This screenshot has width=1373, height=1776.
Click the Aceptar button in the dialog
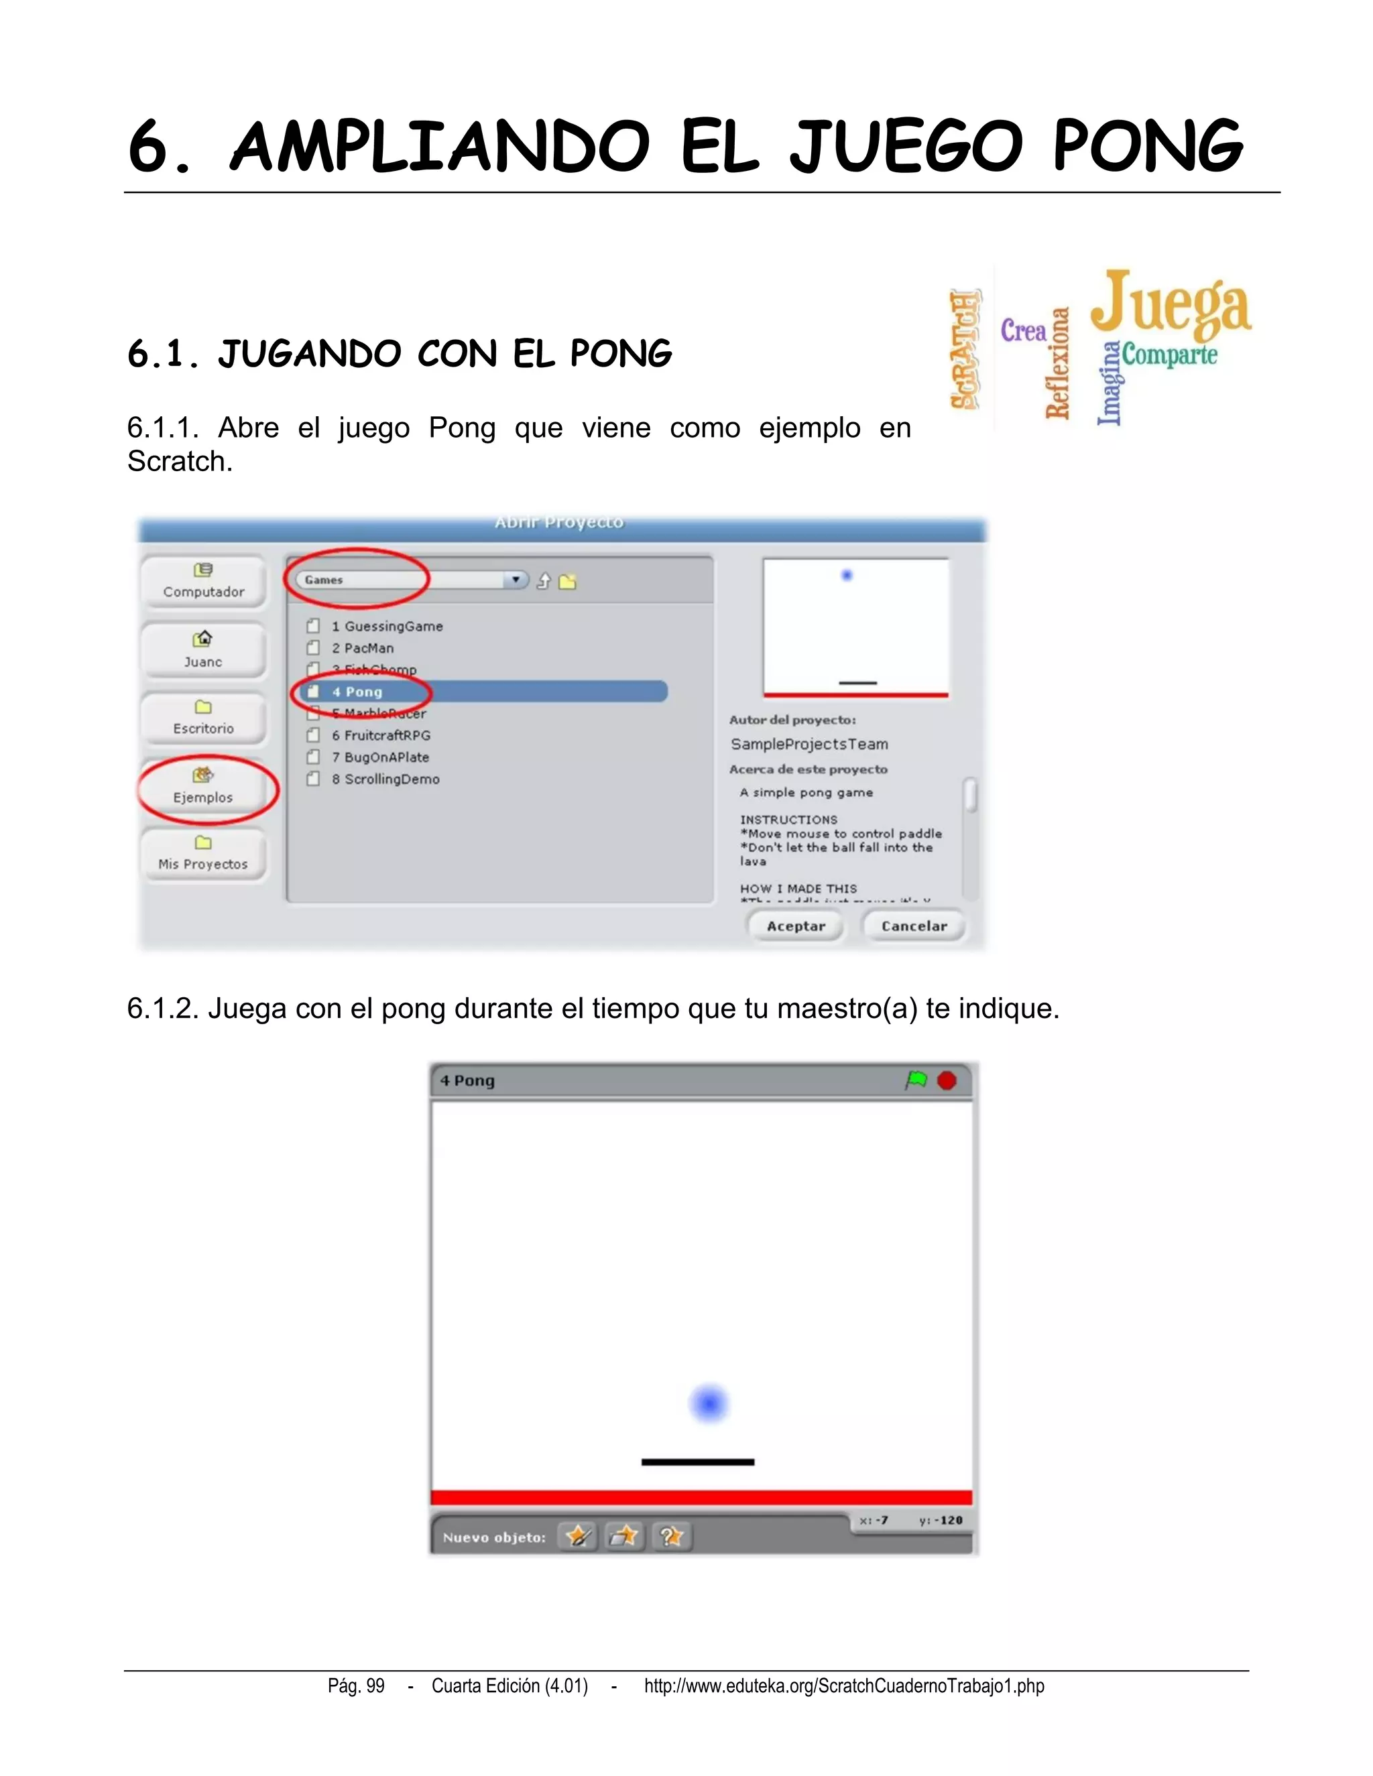point(796,926)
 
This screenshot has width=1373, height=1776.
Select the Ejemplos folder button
point(203,787)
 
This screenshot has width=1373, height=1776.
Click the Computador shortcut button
point(203,580)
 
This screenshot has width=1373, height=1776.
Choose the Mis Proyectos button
point(203,854)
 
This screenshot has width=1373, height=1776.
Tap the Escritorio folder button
point(203,718)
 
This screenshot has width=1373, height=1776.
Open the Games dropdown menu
point(515,580)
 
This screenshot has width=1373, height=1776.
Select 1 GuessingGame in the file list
point(387,626)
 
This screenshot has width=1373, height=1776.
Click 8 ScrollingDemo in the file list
point(385,779)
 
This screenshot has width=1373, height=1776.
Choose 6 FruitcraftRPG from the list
point(381,735)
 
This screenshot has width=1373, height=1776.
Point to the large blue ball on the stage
point(709,1403)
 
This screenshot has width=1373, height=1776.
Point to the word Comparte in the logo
point(1170,355)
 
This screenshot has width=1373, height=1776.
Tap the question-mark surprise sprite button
point(671,1536)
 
